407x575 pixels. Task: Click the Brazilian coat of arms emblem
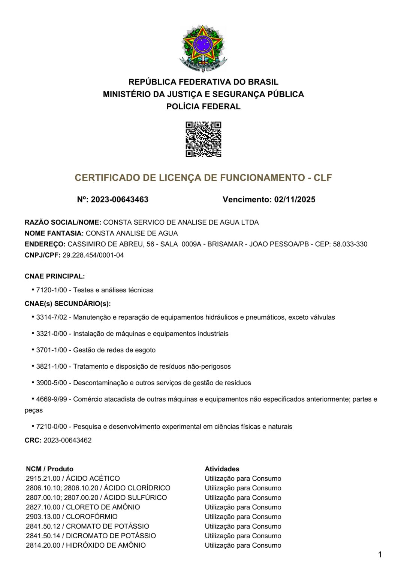point(203,48)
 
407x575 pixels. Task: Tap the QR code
point(203,139)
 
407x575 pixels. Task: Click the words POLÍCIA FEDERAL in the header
point(203,107)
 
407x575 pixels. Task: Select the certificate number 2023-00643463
point(120,200)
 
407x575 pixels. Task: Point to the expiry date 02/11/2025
point(295,200)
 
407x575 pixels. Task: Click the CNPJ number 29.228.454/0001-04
point(93,255)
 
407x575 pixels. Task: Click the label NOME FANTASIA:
point(54,233)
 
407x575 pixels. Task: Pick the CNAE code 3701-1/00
point(51,350)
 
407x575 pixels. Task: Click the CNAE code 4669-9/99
point(51,399)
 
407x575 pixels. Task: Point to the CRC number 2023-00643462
point(67,440)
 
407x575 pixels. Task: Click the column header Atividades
point(222,469)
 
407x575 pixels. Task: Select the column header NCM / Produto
point(49,469)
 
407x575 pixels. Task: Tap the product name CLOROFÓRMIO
point(92,517)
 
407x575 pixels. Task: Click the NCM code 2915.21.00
point(43,478)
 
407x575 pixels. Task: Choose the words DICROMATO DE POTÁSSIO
point(111,536)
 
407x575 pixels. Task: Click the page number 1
point(380,555)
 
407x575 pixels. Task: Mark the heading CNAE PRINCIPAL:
point(55,276)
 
